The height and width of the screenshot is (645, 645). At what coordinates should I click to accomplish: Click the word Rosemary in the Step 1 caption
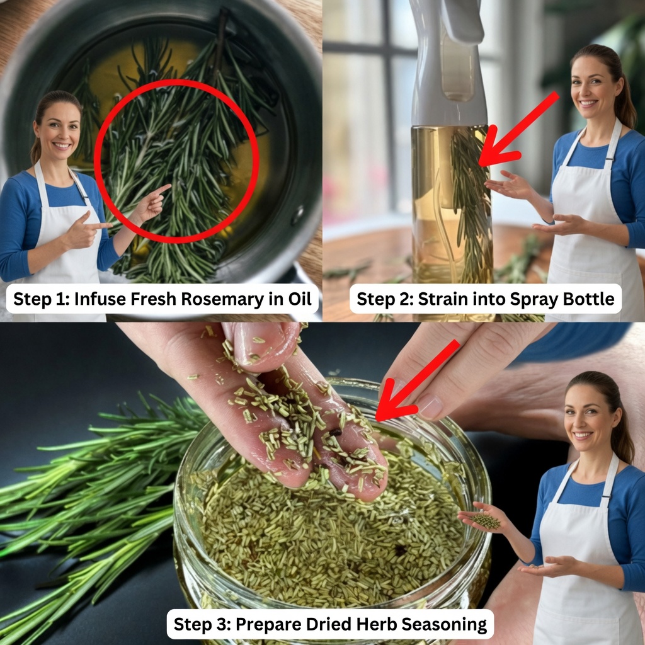click(x=222, y=299)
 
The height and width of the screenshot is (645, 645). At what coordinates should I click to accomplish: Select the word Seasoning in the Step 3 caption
click(x=444, y=624)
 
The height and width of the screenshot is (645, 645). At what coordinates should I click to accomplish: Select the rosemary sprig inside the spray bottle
click(x=472, y=202)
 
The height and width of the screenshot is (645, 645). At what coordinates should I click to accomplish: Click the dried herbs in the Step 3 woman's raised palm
click(x=486, y=521)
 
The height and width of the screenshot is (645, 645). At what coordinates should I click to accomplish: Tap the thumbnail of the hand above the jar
click(x=430, y=407)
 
